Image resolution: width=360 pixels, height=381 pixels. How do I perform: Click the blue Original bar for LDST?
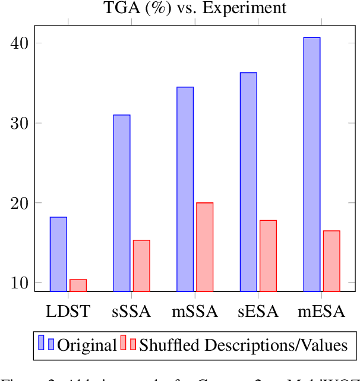pos(58,254)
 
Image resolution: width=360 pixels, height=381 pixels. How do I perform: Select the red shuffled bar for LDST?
pos(78,285)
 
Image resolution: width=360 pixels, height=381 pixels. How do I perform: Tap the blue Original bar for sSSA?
pos(122,203)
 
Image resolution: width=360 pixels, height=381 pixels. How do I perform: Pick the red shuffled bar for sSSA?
pos(141,266)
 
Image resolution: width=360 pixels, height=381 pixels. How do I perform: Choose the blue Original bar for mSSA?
pos(185,189)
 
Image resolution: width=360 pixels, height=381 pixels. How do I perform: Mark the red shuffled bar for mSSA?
pos(205,247)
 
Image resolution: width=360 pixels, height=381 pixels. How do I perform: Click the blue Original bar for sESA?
pos(248,182)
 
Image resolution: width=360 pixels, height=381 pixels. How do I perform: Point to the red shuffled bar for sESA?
pos(268,256)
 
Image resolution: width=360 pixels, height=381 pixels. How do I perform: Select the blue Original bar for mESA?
pos(312,164)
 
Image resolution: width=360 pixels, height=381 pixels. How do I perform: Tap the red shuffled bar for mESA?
pos(331,261)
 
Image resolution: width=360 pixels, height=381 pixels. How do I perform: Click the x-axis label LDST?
pos(68,311)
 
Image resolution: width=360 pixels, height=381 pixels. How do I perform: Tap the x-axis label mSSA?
pos(195,311)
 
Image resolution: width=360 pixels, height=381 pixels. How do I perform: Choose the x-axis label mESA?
pos(321,311)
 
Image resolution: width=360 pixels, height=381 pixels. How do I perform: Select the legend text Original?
pos(87,345)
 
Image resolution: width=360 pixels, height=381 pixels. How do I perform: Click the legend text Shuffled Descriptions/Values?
pos(243,345)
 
